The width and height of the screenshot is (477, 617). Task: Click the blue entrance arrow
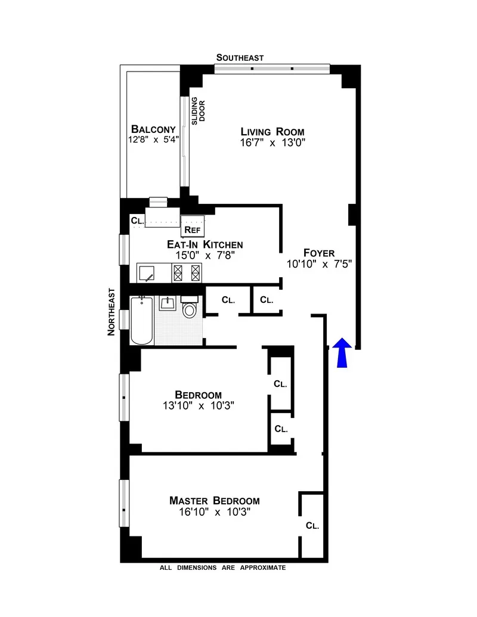pyautogui.click(x=341, y=352)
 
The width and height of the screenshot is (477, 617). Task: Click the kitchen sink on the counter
pyautogui.click(x=148, y=273)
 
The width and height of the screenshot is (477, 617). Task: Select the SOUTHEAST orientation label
pyautogui.click(x=240, y=58)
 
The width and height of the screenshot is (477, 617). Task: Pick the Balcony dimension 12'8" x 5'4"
pyautogui.click(x=153, y=140)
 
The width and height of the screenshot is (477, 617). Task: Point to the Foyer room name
pyautogui.click(x=319, y=252)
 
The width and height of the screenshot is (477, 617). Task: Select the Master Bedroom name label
pyautogui.click(x=214, y=501)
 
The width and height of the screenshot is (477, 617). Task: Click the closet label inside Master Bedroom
pyautogui.click(x=312, y=526)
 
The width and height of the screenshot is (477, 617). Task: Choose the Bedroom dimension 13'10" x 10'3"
pyautogui.click(x=198, y=406)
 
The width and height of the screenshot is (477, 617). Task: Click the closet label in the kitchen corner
pyautogui.click(x=137, y=221)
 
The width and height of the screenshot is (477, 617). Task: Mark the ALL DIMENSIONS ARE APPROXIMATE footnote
pyautogui.click(x=222, y=568)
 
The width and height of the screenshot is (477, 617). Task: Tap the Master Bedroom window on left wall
pyautogui.click(x=124, y=503)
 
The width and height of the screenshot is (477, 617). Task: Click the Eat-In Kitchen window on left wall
pyautogui.click(x=124, y=249)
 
